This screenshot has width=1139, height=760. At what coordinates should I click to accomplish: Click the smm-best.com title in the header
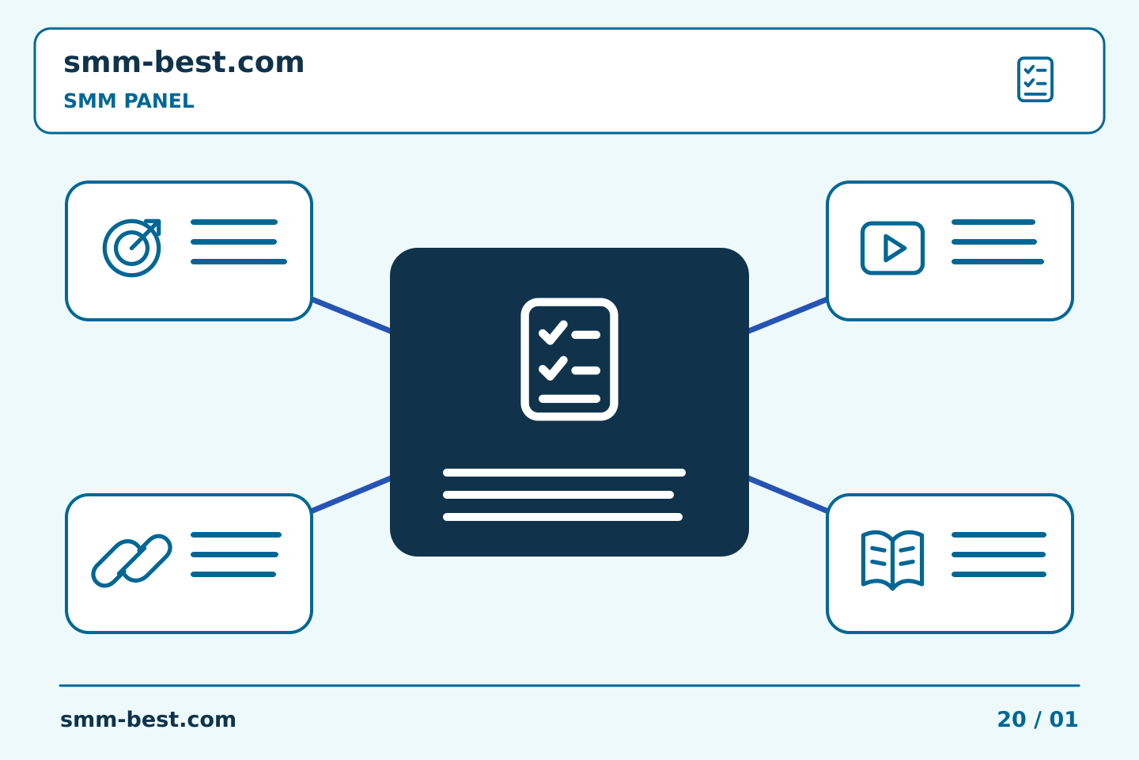[184, 63]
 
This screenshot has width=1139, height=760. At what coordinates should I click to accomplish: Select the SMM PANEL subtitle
[129, 101]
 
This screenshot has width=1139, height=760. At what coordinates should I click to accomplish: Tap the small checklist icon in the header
[1035, 79]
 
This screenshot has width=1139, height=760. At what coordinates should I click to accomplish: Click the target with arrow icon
[131, 248]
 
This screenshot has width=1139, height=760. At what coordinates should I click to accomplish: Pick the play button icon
[892, 248]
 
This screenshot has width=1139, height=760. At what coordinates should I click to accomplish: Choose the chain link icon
[131, 560]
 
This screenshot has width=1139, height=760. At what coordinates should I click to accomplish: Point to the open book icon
[892, 560]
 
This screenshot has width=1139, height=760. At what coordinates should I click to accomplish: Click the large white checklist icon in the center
[569, 359]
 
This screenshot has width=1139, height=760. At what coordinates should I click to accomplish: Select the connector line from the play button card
[788, 316]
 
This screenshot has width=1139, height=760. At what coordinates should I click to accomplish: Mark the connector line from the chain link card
[351, 494]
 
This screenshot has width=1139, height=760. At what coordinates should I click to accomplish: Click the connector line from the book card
[788, 494]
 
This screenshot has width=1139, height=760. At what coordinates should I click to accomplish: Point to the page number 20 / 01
[1037, 720]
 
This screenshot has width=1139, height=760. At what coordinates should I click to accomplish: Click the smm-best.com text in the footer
[148, 720]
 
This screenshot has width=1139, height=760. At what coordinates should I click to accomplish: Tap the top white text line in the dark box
[565, 473]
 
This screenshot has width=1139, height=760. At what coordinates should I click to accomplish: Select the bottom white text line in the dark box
[563, 517]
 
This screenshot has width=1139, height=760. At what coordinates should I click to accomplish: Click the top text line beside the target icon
[234, 222]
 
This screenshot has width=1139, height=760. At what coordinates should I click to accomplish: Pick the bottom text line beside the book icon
[999, 574]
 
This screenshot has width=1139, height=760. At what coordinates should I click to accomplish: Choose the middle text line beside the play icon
[994, 241]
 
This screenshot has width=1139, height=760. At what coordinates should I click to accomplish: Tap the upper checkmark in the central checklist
[553, 333]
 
